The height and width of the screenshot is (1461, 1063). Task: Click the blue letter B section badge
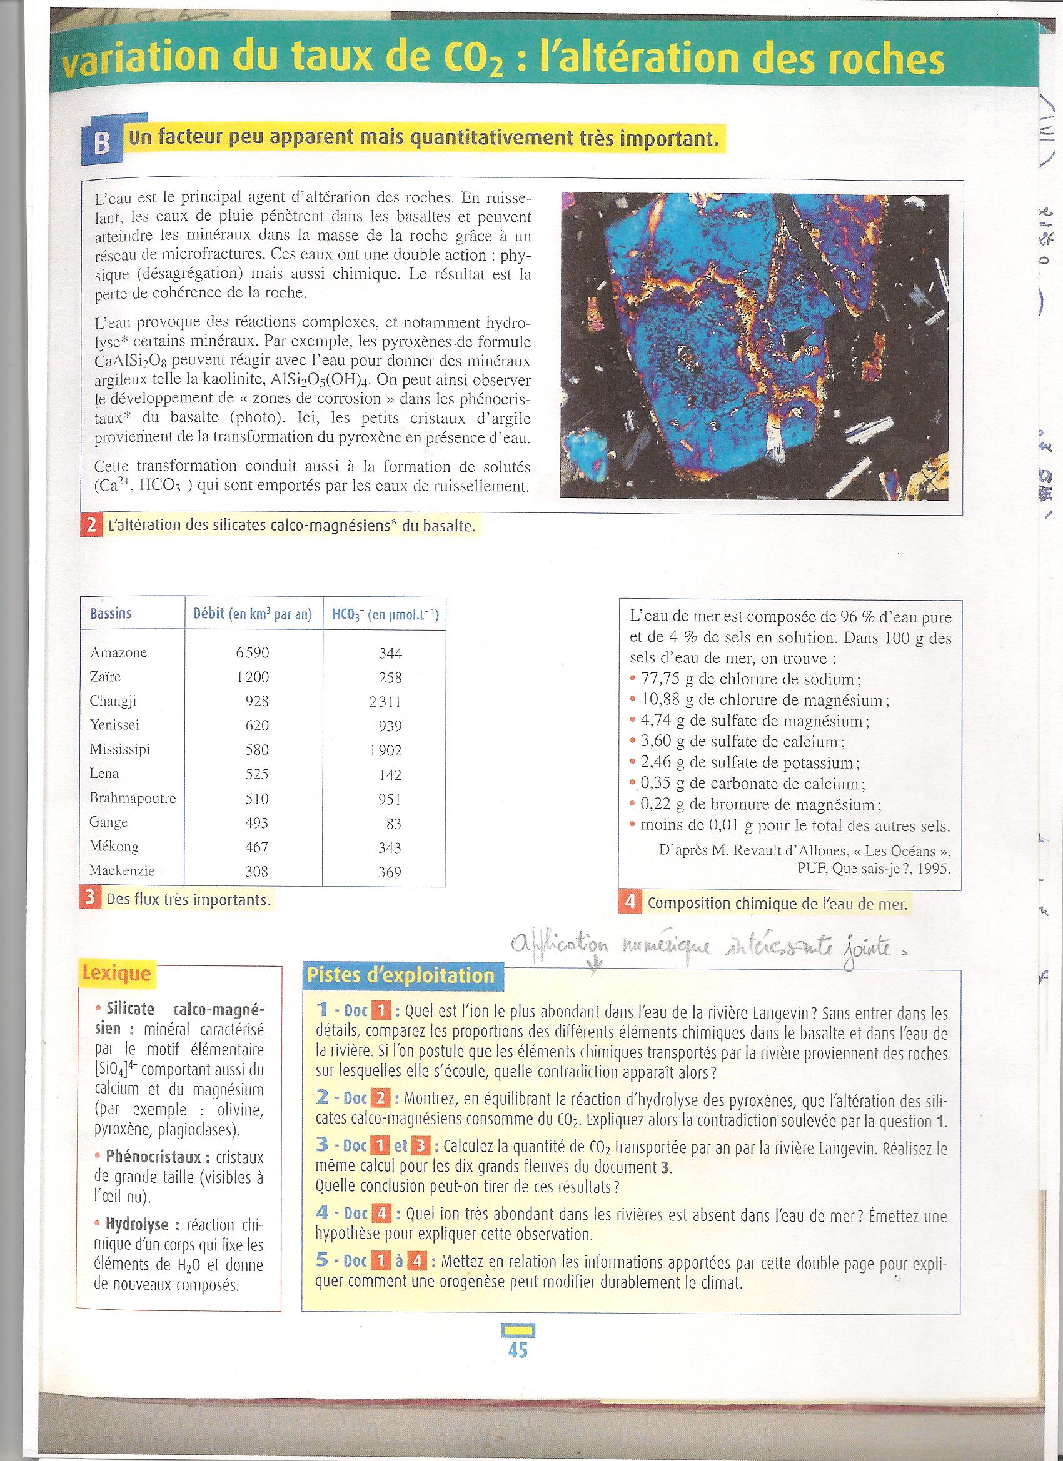coord(101,144)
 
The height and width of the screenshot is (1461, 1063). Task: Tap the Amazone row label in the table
coord(119,652)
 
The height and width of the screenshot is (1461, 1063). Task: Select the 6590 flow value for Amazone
coord(252,652)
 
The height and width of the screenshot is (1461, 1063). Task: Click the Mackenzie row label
coord(123,870)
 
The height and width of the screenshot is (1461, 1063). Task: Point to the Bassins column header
coord(111,613)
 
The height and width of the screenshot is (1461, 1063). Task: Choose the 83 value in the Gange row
coord(394,823)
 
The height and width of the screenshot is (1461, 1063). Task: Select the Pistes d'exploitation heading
coord(401,975)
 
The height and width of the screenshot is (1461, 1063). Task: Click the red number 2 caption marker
coord(90,526)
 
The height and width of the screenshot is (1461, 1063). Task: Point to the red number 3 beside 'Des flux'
coord(90,899)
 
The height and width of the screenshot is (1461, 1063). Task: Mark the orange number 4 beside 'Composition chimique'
coord(629,902)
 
